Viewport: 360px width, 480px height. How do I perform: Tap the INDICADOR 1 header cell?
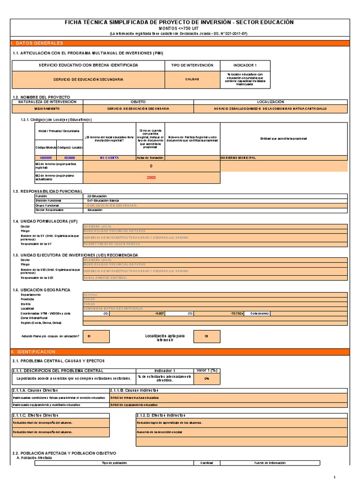(245, 65)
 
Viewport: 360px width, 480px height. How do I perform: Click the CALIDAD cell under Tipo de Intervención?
(192, 79)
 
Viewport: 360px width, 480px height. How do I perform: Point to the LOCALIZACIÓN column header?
(270, 102)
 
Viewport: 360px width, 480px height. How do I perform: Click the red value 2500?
(150, 178)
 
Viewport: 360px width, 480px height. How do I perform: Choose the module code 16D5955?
(46, 158)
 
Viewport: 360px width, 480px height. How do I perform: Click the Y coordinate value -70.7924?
(237, 313)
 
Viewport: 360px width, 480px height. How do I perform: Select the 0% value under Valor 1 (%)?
(206, 379)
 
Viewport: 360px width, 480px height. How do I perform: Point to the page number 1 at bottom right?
(347, 477)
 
